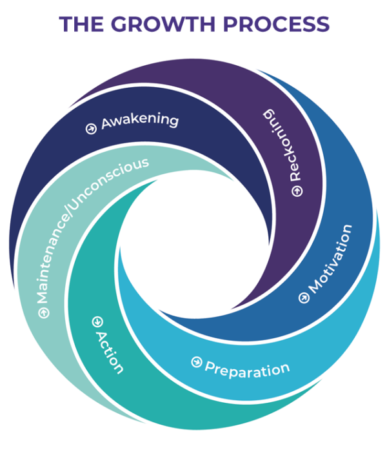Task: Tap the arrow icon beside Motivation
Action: click(304, 298)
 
